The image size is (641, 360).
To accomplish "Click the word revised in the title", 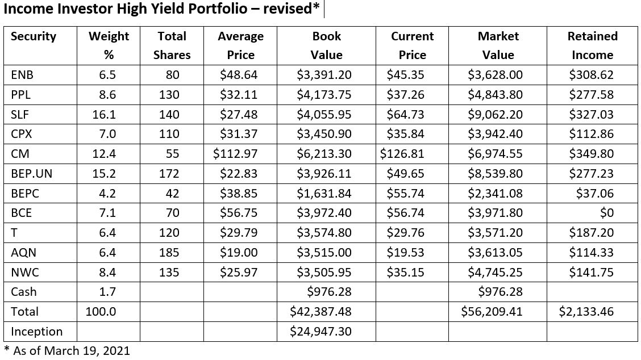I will [x=286, y=10].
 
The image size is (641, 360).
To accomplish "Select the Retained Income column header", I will [x=592, y=45].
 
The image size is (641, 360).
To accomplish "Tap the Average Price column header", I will [x=240, y=45].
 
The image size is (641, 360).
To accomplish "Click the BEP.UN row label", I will [x=31, y=174].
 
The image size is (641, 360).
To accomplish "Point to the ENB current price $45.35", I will [x=405, y=75].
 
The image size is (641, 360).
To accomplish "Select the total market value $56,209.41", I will [x=493, y=312].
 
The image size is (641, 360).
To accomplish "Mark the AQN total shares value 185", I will [x=169, y=253].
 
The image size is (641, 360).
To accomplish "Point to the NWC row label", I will [x=25, y=273].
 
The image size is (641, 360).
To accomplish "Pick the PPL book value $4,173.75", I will [x=324, y=95].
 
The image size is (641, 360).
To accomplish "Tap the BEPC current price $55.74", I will [x=405, y=194].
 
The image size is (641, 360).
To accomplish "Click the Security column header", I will [x=34, y=36].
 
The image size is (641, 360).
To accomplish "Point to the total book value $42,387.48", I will [x=320, y=312].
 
